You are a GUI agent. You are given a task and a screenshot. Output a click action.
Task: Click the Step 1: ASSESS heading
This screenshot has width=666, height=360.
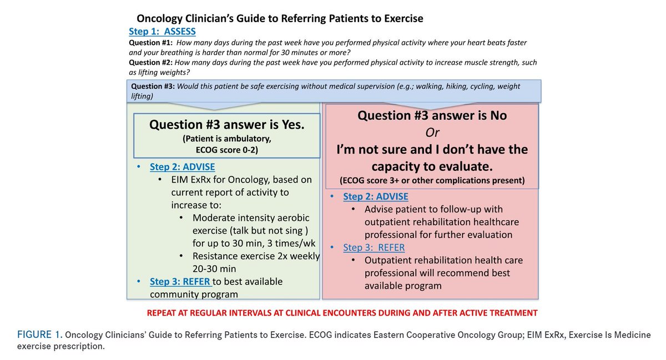coord(162,32)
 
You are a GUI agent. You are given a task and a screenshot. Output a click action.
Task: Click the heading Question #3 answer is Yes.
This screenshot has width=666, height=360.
coord(226,125)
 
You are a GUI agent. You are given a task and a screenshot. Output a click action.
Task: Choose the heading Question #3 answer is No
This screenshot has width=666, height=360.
coord(432,115)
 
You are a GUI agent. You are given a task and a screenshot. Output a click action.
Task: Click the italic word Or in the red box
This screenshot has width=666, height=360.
coord(432,132)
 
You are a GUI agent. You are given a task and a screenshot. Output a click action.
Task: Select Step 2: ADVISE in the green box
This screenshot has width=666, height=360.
coord(182,167)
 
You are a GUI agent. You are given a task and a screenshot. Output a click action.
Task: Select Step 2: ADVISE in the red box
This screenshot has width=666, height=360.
coord(376,197)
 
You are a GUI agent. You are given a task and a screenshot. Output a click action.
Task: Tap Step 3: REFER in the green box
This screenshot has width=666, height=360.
coord(180,281)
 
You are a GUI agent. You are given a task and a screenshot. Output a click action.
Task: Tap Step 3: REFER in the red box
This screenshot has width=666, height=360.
coord(374,247)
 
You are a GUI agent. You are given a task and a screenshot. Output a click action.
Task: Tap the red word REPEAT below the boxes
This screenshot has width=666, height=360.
coord(164,313)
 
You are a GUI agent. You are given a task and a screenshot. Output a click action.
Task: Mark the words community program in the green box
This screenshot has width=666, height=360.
coord(194,294)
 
